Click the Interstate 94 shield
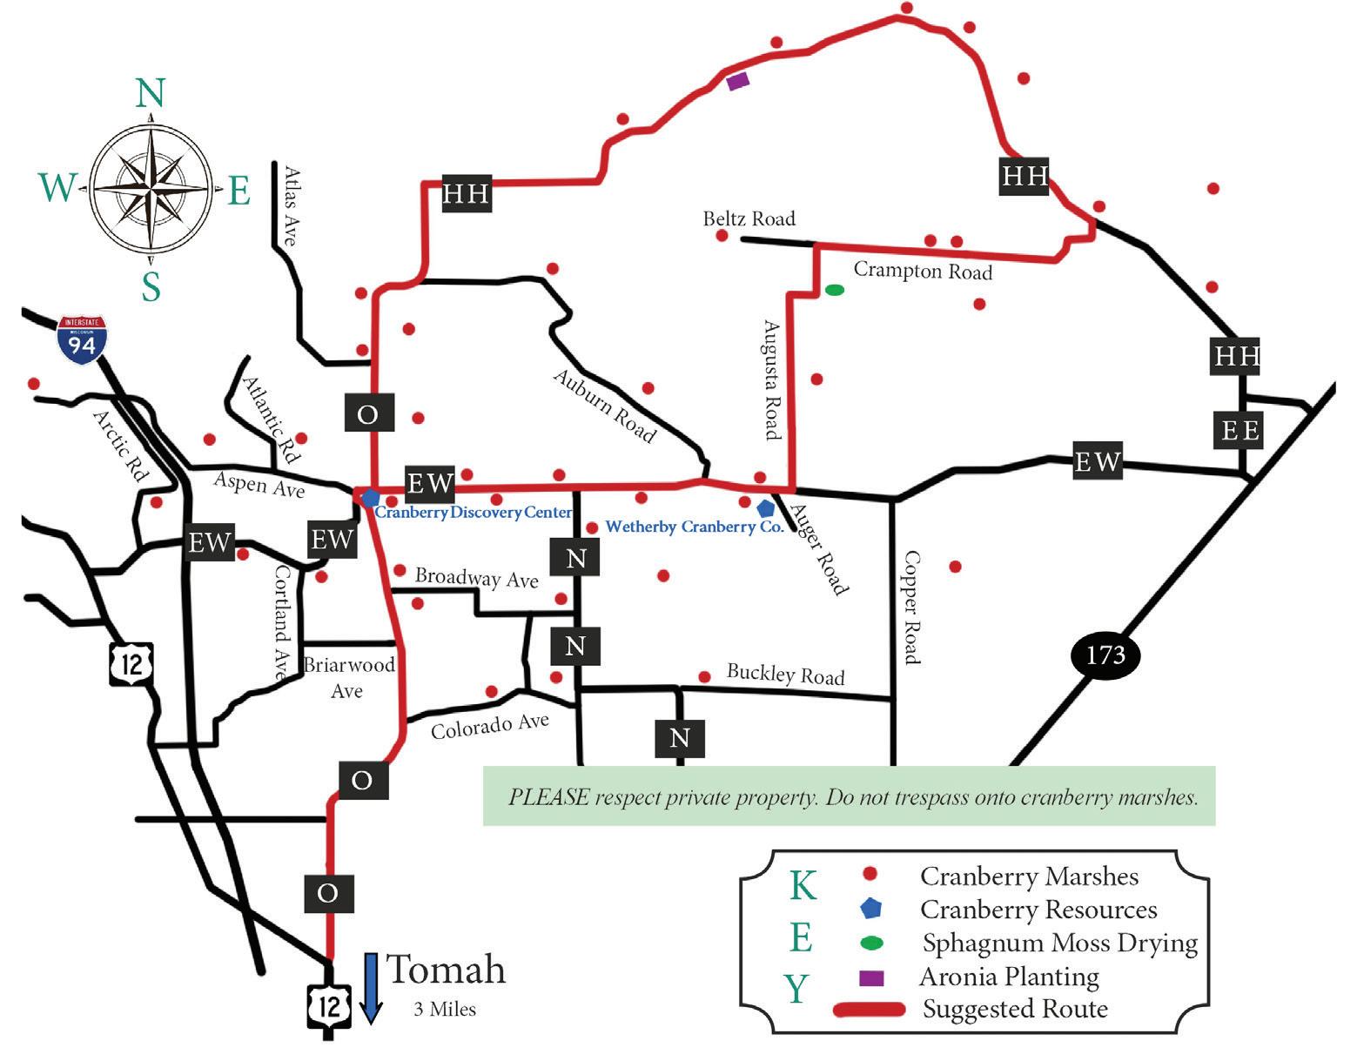click(82, 340)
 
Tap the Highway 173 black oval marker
click(1105, 655)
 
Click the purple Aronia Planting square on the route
click(737, 81)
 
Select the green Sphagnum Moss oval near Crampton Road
click(834, 290)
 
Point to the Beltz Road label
click(749, 218)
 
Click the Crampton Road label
click(923, 271)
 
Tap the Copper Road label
click(910, 607)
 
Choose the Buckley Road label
click(785, 675)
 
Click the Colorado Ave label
click(489, 726)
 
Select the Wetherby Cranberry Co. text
click(694, 527)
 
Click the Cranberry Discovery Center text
click(474, 513)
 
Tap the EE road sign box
click(1239, 430)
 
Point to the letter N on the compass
click(151, 92)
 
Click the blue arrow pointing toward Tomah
click(371, 988)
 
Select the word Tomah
click(445, 970)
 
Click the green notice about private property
click(849, 796)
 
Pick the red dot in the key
click(869, 874)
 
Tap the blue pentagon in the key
click(870, 909)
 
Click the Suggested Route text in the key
click(1015, 1010)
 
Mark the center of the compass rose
click(151, 187)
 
